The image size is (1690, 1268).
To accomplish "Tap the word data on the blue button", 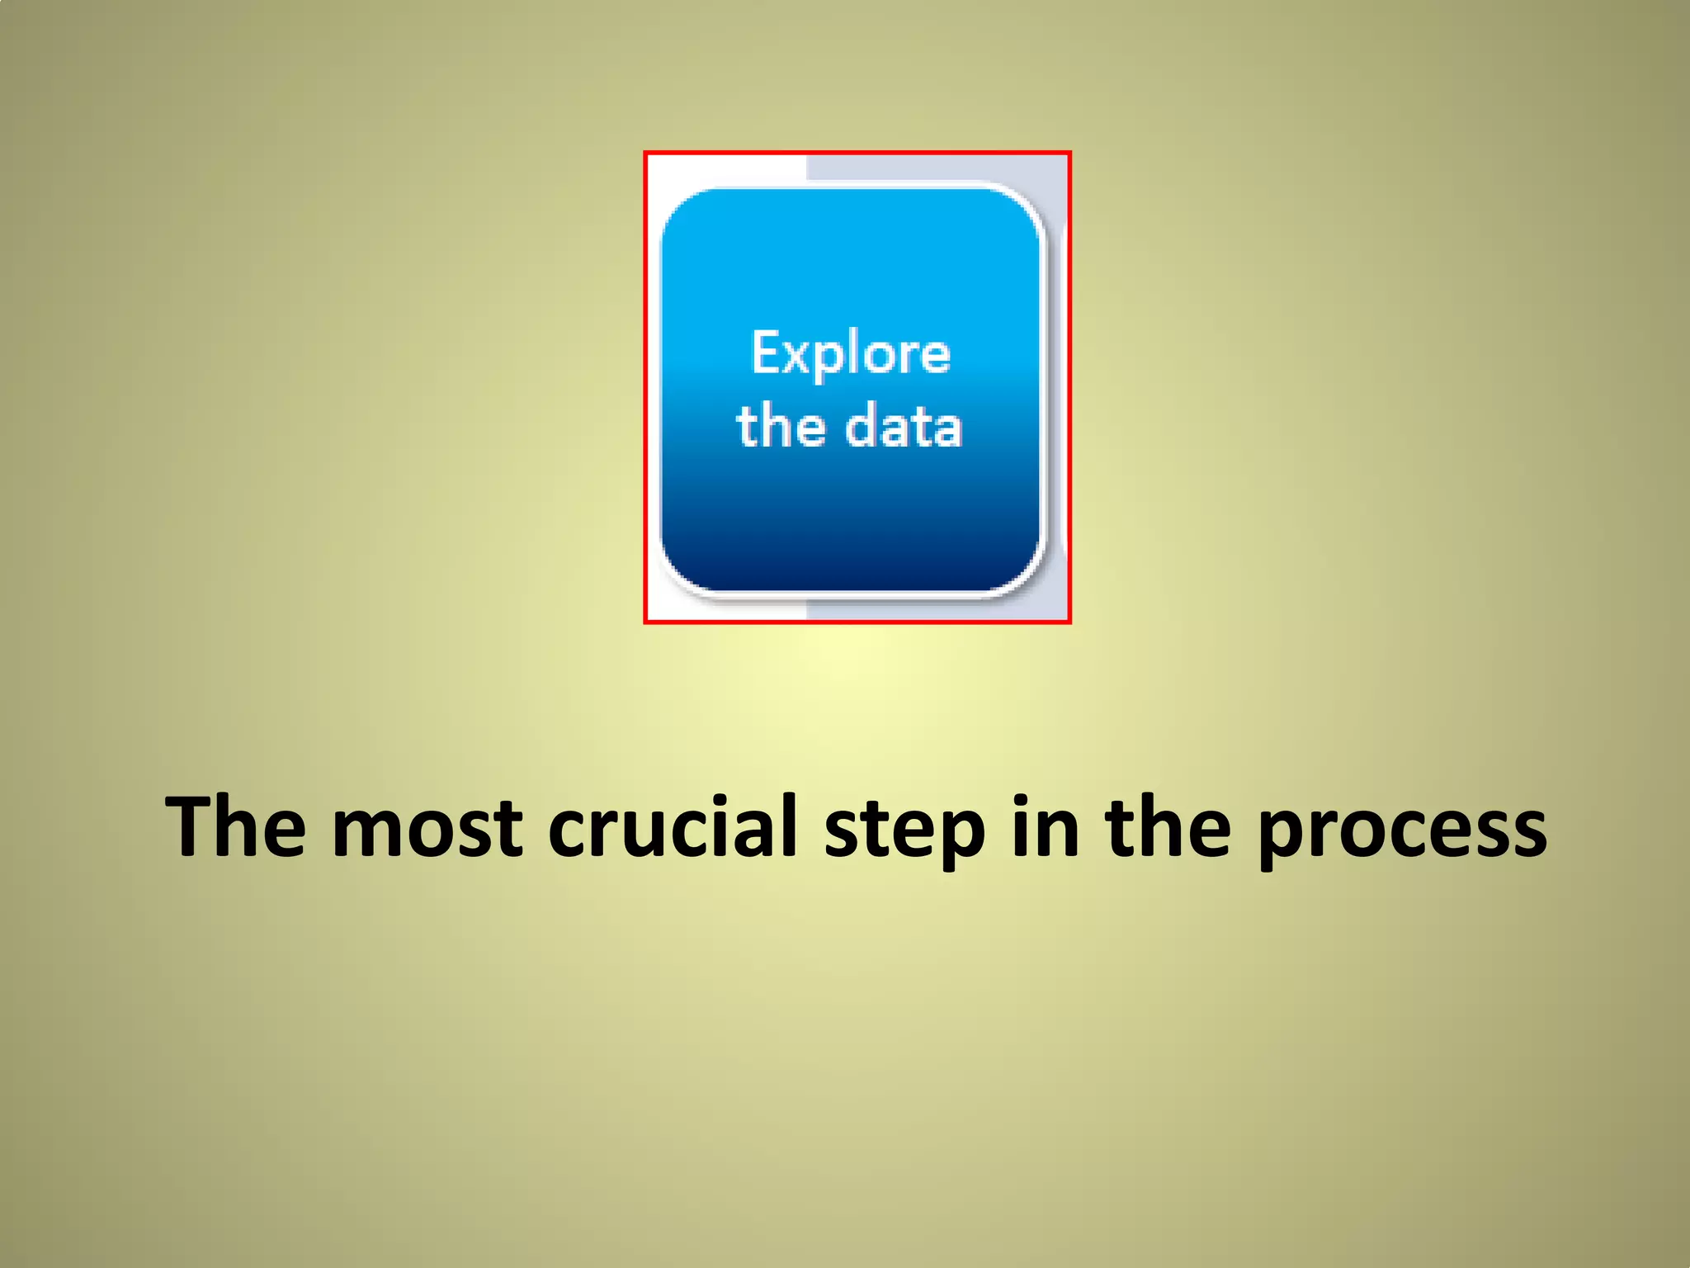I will coord(904,427).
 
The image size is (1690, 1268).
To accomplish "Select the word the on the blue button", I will coord(781,427).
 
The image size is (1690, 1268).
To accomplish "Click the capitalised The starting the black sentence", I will coord(235,826).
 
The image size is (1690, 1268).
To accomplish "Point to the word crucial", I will coord(673,826).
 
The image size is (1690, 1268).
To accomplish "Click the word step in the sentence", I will coord(904,830).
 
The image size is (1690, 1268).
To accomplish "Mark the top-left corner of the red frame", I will coord(645,153).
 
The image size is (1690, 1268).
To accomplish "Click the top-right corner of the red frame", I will coord(1069,153).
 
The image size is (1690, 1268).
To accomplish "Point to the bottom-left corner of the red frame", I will coord(645,622).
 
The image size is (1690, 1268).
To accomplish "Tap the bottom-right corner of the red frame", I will coord(1069,622).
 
